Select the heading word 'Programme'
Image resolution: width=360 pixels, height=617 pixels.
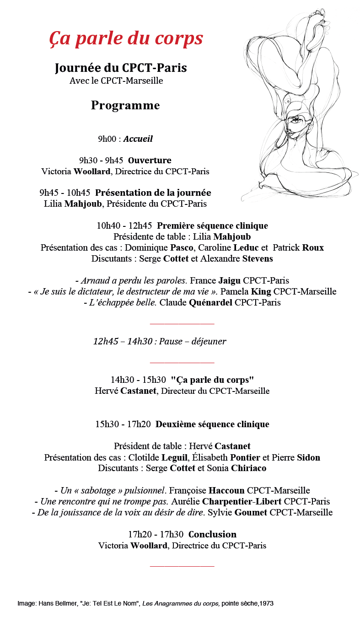[x=125, y=106]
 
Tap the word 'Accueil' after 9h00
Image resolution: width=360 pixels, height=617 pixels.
[x=138, y=139]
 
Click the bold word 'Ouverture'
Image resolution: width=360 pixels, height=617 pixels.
[x=150, y=161]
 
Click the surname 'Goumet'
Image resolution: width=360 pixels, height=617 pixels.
[x=251, y=512]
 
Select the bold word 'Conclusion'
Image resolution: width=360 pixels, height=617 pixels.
[x=212, y=534]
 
